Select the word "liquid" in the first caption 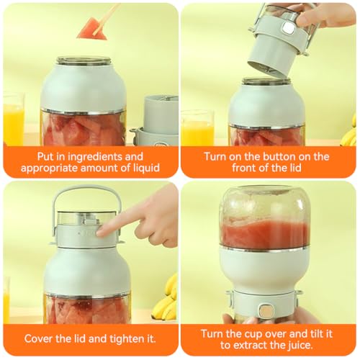point(146,168)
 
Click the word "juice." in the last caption point(300,345)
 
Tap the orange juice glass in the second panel point(197,128)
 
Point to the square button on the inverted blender point(265,311)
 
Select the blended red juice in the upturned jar point(264,235)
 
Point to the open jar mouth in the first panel point(84,60)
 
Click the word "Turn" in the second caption point(215,157)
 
